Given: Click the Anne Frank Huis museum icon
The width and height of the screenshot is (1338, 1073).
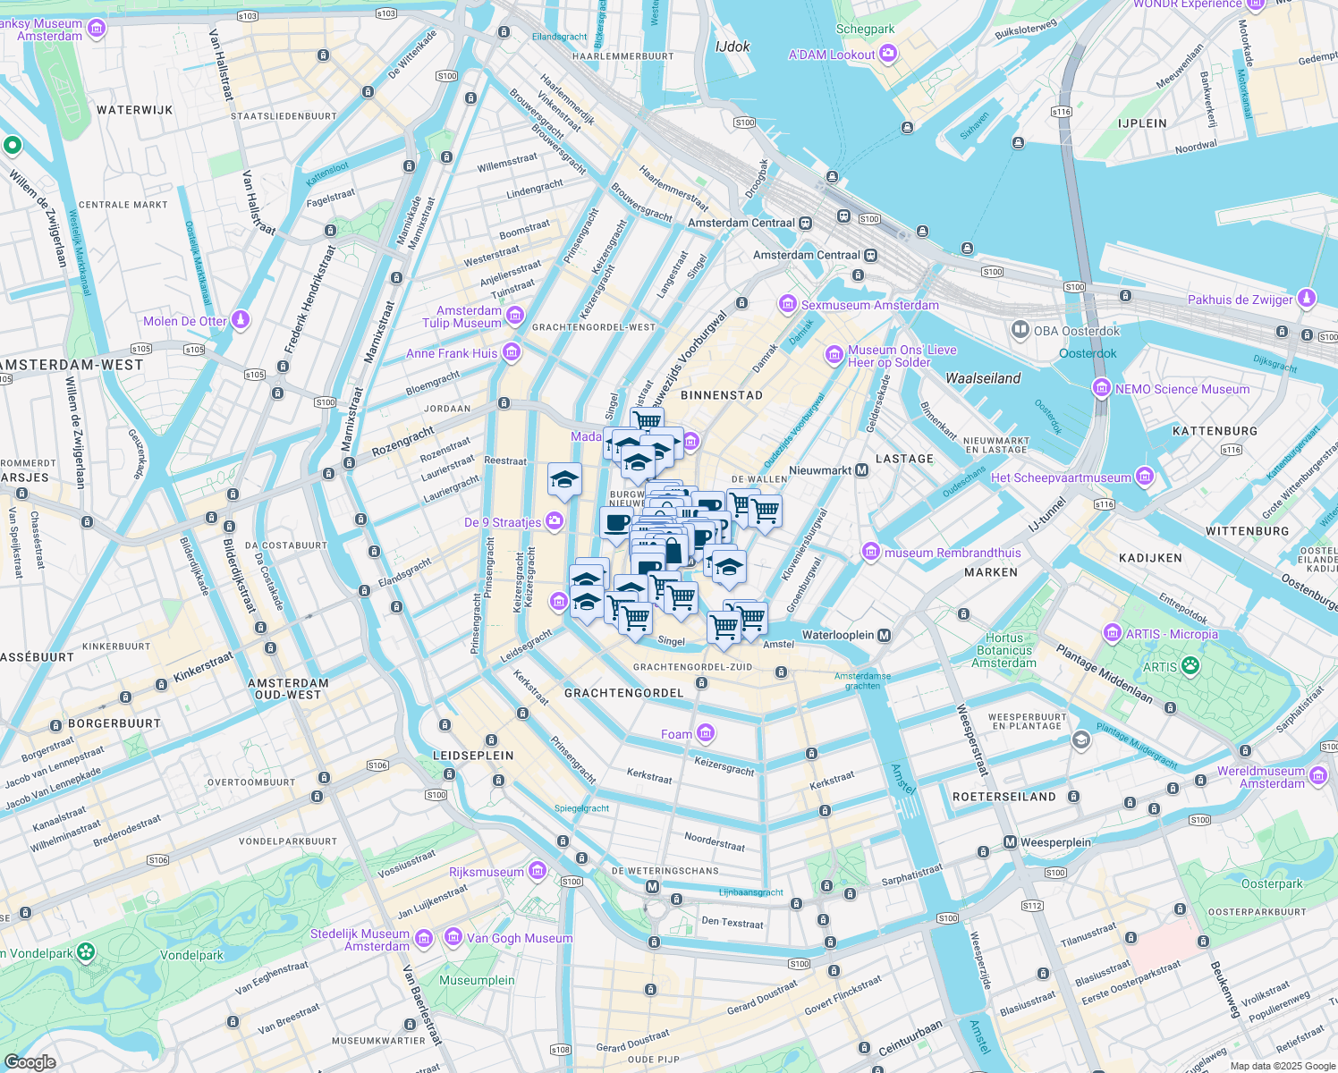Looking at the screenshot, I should point(512,353).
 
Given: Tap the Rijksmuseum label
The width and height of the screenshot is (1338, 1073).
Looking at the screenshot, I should point(487,872).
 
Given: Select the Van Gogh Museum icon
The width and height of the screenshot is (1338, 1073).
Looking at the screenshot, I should point(453,938).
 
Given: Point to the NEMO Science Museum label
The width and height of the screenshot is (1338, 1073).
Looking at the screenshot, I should point(1181,389).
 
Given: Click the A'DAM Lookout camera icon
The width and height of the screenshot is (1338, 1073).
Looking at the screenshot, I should point(888,55).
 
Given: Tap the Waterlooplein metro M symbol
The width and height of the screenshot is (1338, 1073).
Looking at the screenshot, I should point(885,635).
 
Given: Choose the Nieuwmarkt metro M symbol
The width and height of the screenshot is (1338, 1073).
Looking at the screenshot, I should point(862,470).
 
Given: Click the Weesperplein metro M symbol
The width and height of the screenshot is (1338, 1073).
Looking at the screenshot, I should point(1010,842).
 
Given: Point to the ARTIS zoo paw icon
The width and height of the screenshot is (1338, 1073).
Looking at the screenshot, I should point(1190,666).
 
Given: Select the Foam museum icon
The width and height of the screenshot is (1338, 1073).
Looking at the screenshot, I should point(706,734).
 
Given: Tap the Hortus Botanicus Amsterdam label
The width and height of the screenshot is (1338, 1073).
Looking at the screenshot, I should point(1003,650).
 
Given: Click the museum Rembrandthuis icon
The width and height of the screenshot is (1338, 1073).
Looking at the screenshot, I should point(871,553).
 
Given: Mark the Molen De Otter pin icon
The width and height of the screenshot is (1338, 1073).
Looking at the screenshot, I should point(240,320).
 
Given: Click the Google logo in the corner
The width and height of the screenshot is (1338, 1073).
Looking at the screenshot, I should point(30,1062).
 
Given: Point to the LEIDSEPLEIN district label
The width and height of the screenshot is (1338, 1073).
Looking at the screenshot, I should point(473,756).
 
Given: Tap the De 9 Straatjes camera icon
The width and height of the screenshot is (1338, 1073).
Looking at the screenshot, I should point(555,521).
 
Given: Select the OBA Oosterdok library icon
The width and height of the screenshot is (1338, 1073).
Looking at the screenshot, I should point(1020,330).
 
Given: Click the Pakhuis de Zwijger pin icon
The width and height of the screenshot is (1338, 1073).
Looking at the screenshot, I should point(1307,299).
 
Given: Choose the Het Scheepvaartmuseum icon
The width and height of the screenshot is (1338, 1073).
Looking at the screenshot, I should point(1144,477).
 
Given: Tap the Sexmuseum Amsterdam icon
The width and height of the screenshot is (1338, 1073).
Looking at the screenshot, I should point(788,305).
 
